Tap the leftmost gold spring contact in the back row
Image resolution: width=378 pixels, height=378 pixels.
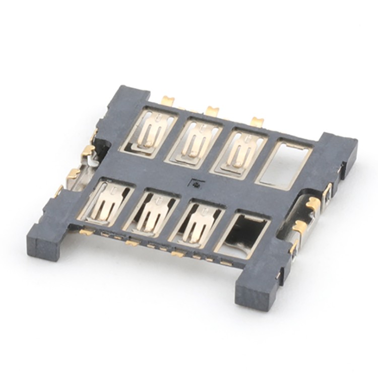[x=150, y=132]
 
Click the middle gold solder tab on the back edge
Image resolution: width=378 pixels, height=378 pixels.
[x=212, y=111]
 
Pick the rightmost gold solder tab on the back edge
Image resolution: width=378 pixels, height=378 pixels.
[x=257, y=121]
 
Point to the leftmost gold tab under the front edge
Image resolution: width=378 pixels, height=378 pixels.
[x=86, y=232]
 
